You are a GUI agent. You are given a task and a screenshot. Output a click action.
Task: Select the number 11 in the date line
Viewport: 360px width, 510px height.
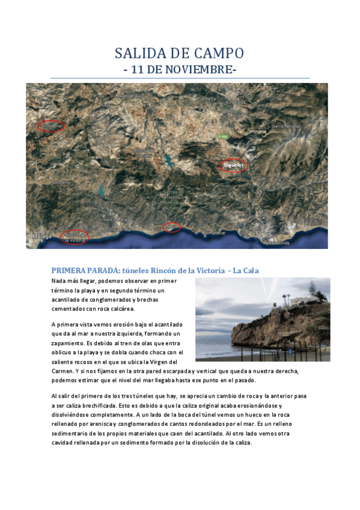pos(138,70)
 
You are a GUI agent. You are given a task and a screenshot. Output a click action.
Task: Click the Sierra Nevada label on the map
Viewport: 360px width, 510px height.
pos(285,126)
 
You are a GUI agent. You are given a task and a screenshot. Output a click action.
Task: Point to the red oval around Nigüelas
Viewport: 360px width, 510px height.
pos(232,165)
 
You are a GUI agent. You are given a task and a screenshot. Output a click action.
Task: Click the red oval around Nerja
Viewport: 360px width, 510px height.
pos(172,227)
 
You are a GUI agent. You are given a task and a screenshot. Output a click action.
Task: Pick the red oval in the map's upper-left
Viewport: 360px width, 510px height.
pos(51,126)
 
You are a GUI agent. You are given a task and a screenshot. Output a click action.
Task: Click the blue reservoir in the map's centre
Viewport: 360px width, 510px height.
pos(165,161)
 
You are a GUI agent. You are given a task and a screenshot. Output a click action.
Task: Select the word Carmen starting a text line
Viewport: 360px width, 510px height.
pos(62,371)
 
